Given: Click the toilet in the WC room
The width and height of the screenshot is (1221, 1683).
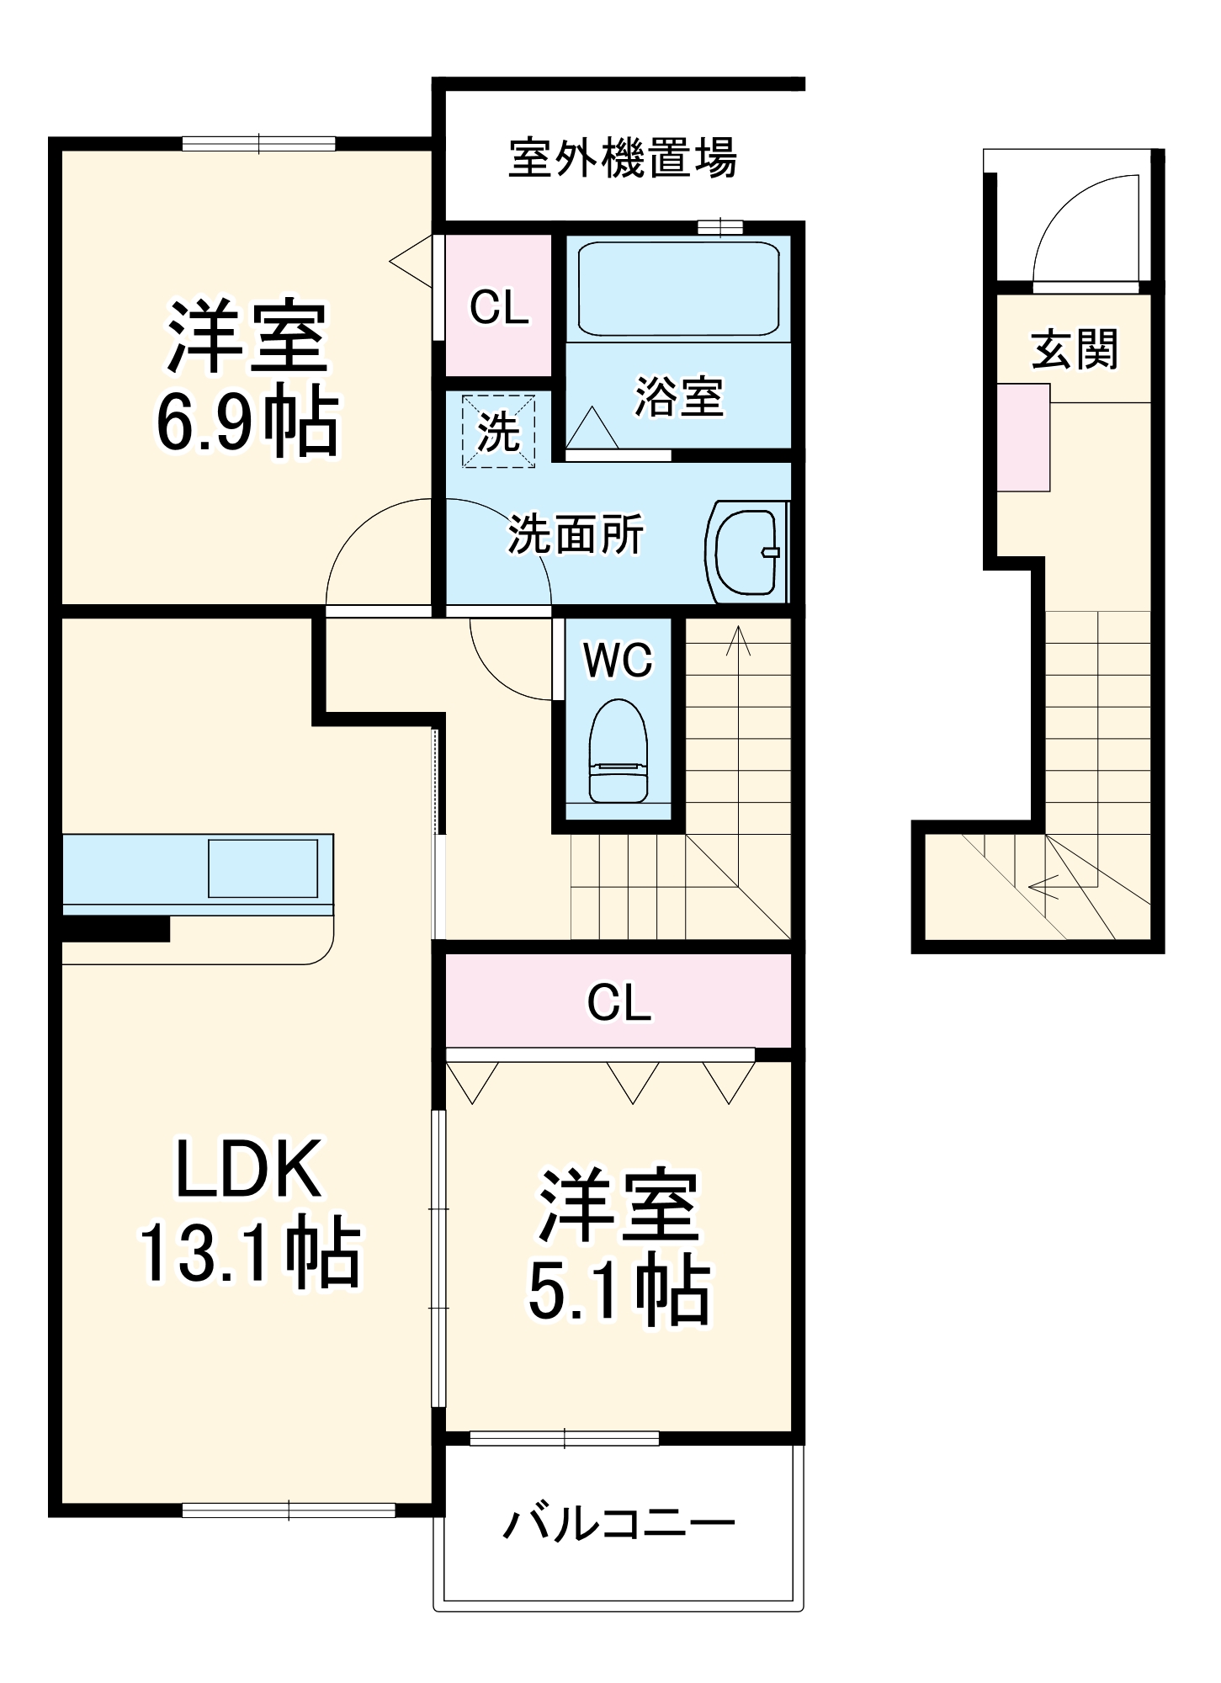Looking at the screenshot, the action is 618,751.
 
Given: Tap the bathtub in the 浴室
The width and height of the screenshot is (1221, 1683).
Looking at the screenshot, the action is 678,289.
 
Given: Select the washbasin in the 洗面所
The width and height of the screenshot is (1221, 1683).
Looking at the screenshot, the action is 746,552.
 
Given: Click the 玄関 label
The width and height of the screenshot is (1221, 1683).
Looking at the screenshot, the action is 1075,348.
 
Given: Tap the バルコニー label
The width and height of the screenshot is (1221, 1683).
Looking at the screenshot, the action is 619,1524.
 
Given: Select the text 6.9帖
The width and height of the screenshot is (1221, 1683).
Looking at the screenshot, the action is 247,422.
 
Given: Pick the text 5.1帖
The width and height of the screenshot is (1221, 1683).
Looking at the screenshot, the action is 618,1290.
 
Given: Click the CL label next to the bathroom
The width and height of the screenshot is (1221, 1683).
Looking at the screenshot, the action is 499,307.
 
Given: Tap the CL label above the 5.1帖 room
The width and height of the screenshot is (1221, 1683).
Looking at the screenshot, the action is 619,1003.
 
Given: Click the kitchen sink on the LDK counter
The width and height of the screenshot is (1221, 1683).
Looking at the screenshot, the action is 263,868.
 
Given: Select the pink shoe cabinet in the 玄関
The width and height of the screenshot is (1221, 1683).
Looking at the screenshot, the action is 1024,438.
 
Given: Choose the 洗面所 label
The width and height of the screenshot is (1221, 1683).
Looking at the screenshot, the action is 576,534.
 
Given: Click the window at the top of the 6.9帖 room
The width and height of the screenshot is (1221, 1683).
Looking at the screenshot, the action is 259,144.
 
